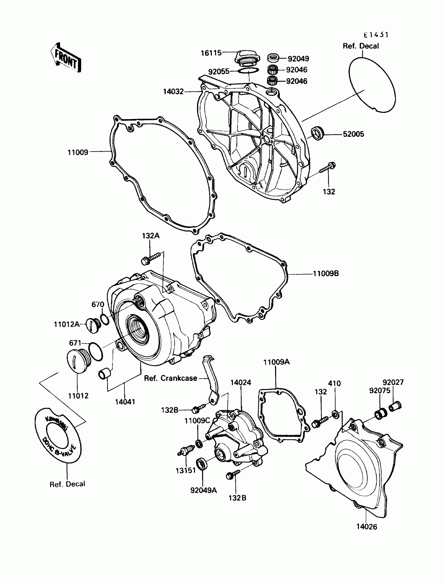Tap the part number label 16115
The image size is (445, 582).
[x=211, y=53]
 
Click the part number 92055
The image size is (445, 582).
[x=219, y=72]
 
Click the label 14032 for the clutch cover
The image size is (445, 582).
[x=173, y=92]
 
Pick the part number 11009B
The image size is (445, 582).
[x=326, y=273]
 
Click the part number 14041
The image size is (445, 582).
[x=125, y=402]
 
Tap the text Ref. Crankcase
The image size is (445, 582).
[x=170, y=378]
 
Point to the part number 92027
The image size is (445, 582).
[x=393, y=382]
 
